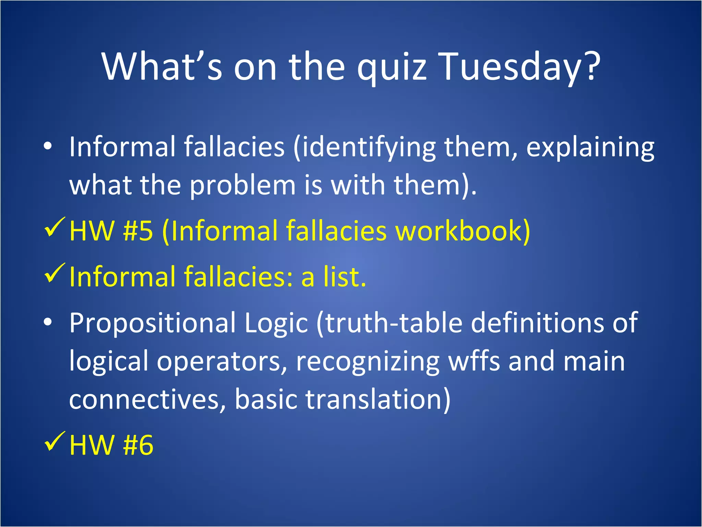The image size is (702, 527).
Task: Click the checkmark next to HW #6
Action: (x=55, y=442)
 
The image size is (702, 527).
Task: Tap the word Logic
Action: (x=276, y=323)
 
